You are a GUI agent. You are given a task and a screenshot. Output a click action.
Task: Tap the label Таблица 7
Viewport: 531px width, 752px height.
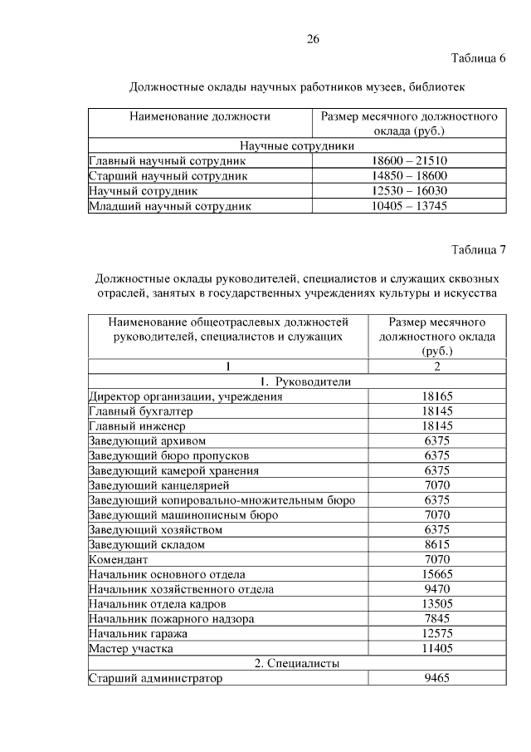pyautogui.click(x=478, y=250)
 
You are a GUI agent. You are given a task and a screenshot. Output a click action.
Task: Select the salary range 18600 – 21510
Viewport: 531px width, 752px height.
pyautogui.click(x=409, y=161)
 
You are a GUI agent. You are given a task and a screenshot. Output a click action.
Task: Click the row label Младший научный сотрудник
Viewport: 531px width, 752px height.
pyautogui.click(x=169, y=206)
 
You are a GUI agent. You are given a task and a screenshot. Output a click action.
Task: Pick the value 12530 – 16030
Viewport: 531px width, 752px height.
pyautogui.click(x=409, y=191)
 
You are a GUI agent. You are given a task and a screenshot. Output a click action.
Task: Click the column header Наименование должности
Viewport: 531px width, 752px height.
pyautogui.click(x=200, y=117)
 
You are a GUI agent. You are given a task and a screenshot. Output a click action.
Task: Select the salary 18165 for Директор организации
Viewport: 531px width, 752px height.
pyautogui.click(x=436, y=397)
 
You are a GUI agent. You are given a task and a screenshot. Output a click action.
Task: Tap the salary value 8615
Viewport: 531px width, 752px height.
pyautogui.click(x=436, y=545)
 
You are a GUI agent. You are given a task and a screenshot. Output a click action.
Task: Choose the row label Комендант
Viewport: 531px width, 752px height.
pyautogui.click(x=119, y=560)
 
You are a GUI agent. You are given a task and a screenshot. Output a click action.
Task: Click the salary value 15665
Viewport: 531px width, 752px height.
pyautogui.click(x=436, y=575)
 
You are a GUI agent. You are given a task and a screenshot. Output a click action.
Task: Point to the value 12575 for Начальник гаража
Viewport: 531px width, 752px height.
pyautogui.click(x=436, y=634)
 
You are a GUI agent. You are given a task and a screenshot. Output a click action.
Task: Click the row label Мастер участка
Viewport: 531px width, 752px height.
pyautogui.click(x=131, y=649)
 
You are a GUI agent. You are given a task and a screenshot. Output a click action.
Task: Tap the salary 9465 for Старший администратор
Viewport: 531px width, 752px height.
pyautogui.click(x=436, y=679)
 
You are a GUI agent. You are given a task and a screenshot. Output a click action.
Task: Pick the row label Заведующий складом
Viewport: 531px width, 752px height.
pyautogui.click(x=146, y=545)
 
